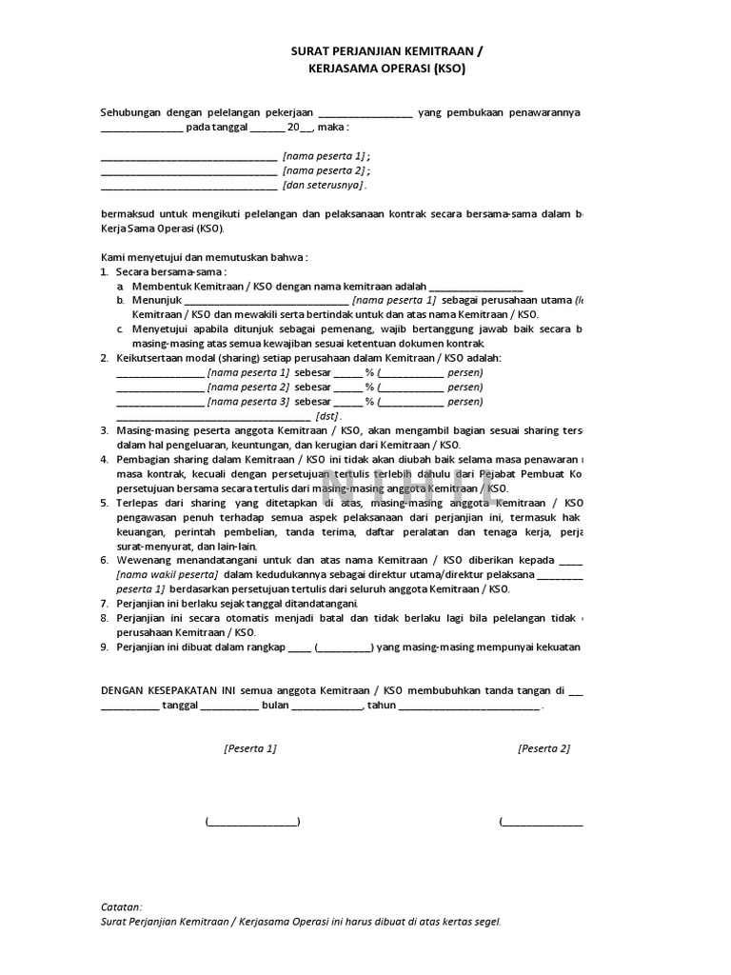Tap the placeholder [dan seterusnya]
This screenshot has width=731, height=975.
pyautogui.click(x=324, y=185)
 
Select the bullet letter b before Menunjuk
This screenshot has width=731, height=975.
pyautogui.click(x=121, y=299)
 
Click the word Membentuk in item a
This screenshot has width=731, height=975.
pyautogui.click(x=162, y=286)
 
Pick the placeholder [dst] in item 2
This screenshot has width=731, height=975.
pyautogui.click(x=326, y=416)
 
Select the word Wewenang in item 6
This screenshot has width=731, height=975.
pyautogui.click(x=142, y=560)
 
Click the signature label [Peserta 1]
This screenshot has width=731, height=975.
pyautogui.click(x=250, y=748)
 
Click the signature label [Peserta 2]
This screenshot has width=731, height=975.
pyautogui.click(x=543, y=748)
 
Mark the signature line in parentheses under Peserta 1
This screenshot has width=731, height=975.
pyautogui.click(x=252, y=822)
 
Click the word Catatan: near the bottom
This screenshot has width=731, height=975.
pyautogui.click(x=122, y=906)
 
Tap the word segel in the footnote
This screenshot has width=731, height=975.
pyautogui.click(x=484, y=922)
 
